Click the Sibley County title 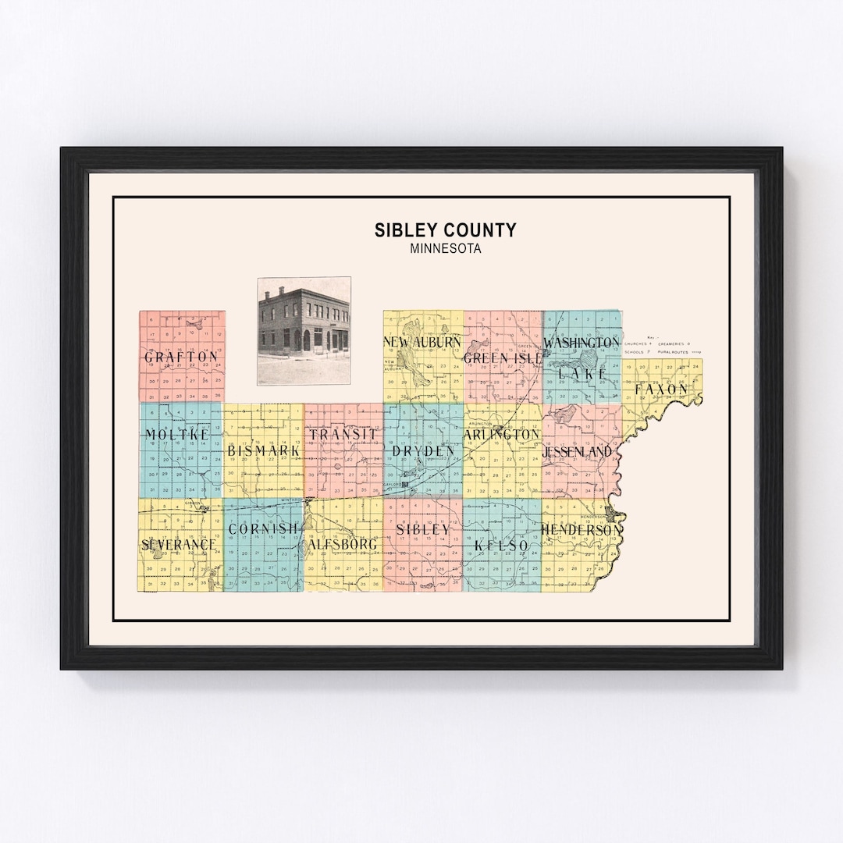(445, 229)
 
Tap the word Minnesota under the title (445, 250)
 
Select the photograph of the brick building (304, 331)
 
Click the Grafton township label (181, 357)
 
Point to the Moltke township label (177, 434)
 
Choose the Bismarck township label (264, 451)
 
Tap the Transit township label (343, 434)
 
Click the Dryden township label (423, 450)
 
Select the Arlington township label (502, 434)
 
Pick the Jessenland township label (582, 451)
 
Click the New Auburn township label (422, 342)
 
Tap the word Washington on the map (582, 343)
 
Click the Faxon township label (661, 389)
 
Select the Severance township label (179, 543)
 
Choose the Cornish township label (263, 528)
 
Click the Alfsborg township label (343, 543)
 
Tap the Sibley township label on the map (423, 528)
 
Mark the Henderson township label (582, 530)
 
